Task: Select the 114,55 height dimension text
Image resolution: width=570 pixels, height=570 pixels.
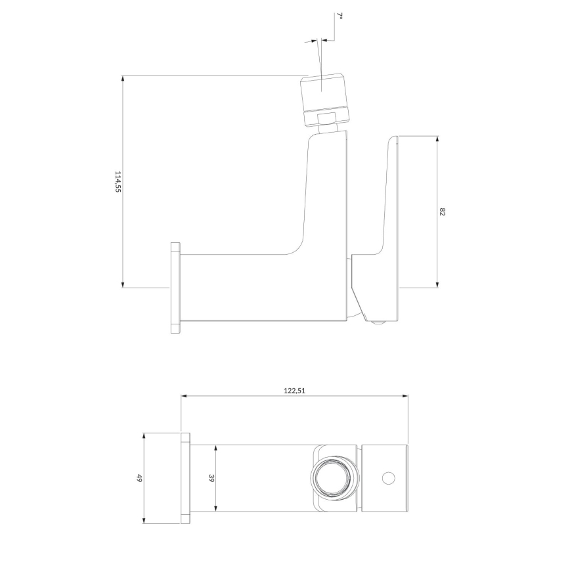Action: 118,182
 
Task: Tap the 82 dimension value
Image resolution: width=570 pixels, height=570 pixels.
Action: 443,211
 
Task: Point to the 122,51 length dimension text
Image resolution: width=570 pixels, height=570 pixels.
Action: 295,389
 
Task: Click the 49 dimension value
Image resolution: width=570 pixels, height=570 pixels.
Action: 139,478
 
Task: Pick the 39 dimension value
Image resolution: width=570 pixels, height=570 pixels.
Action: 211,478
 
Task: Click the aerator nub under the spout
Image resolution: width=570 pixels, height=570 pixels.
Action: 378,322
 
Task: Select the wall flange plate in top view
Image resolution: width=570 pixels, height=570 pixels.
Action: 185,478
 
